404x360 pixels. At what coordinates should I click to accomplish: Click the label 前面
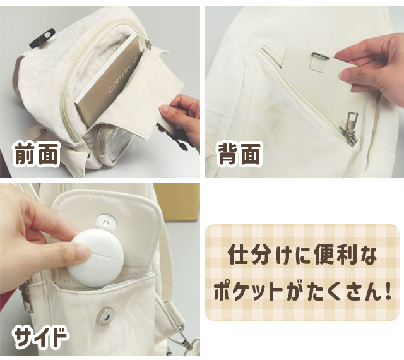tap(37, 154)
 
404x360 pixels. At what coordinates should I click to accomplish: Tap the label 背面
tap(239, 154)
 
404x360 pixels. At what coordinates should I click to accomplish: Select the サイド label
tap(40, 337)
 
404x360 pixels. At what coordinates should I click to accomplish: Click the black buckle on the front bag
tap(43, 39)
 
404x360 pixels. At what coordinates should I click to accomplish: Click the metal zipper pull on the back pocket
tap(351, 129)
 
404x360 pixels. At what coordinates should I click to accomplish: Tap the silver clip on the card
tap(320, 56)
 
